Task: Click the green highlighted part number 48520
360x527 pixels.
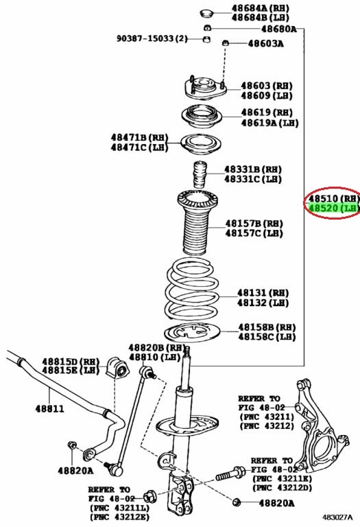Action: pos(323,208)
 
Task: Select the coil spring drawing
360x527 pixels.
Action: pos(192,289)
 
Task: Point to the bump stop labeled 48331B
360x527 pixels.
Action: pos(200,174)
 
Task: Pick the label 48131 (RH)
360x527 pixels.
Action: pos(263,293)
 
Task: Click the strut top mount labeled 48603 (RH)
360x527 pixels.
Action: pos(205,88)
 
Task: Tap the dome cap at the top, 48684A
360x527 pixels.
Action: pos(207,14)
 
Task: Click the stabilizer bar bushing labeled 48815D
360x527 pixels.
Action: pos(117,367)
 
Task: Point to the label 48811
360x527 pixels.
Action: pos(49,409)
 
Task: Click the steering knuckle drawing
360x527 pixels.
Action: pos(319,425)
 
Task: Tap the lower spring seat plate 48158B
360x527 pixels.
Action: pos(192,332)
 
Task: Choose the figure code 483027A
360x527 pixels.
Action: pos(337,517)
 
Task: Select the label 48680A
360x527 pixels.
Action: pos(278,29)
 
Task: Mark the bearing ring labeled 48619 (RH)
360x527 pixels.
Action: pos(202,117)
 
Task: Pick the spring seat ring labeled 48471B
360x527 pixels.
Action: pos(201,145)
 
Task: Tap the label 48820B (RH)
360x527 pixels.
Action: pos(156,347)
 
